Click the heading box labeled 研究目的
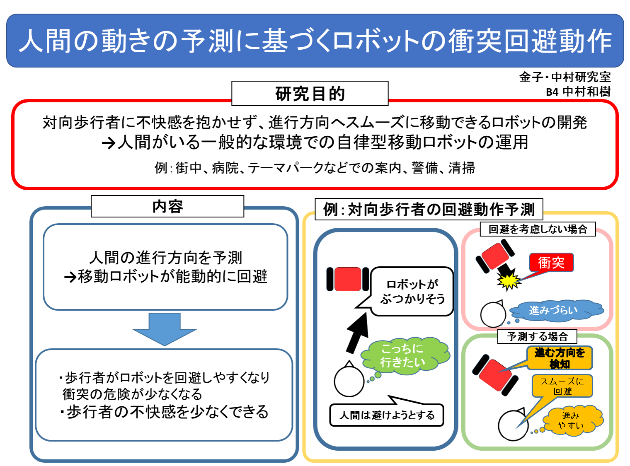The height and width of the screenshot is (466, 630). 310,93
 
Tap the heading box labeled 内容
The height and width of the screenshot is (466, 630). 167,206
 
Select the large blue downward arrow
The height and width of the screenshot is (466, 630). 165,329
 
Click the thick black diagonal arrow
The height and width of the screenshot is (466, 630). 357,333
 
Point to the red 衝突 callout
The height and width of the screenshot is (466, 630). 551,262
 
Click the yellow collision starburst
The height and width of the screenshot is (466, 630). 509,280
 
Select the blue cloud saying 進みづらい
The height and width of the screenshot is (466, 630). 556,310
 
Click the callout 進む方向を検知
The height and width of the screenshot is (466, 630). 559,358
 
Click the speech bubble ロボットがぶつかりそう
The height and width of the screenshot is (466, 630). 412,291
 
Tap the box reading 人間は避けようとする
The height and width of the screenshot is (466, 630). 387,415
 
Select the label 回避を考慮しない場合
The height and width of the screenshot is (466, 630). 538,229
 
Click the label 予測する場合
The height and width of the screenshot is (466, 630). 537,336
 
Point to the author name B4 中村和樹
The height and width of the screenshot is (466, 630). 578,92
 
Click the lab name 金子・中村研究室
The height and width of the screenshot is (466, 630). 565,77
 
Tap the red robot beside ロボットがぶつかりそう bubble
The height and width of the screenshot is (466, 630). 348,279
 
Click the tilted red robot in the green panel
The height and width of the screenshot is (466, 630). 495,375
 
